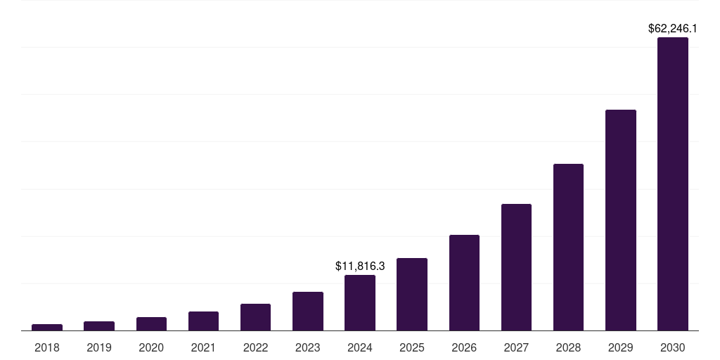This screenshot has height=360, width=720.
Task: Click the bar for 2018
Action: click(x=47, y=327)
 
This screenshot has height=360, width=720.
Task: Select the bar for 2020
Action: click(x=151, y=323)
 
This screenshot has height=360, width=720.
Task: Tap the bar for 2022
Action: click(x=255, y=317)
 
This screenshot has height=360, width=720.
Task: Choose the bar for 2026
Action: click(x=464, y=283)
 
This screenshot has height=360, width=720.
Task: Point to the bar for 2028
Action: click(x=568, y=247)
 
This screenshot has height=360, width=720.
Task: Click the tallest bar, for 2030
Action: click(x=673, y=184)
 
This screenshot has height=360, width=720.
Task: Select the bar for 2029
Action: click(x=621, y=220)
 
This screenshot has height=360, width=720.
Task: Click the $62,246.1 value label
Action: click(x=672, y=29)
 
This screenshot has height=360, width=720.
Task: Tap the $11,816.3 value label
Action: click(x=360, y=266)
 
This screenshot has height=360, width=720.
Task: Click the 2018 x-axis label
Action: click(x=47, y=347)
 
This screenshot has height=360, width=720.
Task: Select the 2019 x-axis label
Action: click(x=99, y=347)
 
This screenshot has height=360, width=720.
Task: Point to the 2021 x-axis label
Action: click(x=203, y=347)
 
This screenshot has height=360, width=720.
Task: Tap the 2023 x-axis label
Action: click(x=308, y=347)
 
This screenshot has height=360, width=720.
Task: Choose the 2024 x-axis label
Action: click(x=360, y=347)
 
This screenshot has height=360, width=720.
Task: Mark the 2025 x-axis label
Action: click(x=412, y=347)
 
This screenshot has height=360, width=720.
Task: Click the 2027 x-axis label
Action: click(x=516, y=347)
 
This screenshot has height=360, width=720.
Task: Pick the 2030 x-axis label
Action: click(x=673, y=347)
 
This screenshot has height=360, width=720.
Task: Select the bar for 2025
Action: click(x=412, y=294)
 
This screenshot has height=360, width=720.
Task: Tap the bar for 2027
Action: click(x=516, y=267)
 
